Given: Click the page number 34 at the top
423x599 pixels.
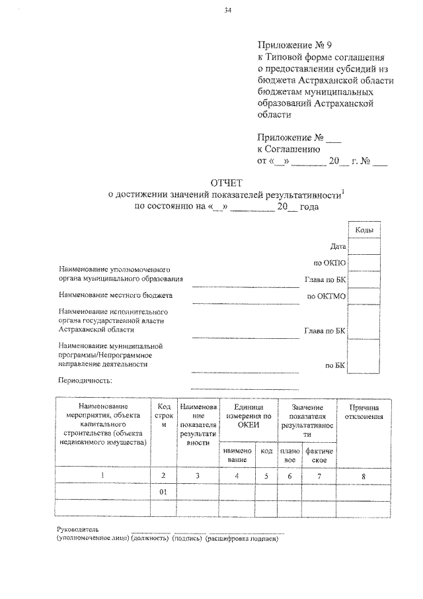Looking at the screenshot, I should pyautogui.click(x=228, y=11).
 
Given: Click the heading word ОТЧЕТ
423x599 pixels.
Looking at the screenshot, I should pyautogui.click(x=227, y=182).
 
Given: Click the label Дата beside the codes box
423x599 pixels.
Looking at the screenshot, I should pyautogui.click(x=338, y=246).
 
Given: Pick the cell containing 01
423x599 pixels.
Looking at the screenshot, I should pyautogui.click(x=164, y=492).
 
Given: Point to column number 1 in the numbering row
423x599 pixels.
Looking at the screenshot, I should pyautogui.click(x=102, y=475).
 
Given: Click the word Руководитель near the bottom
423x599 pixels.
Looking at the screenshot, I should pyautogui.click(x=78, y=530).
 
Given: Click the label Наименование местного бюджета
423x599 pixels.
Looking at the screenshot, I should pyautogui.click(x=115, y=295).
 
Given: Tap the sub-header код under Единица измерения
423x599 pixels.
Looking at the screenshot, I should pyautogui.click(x=266, y=451).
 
